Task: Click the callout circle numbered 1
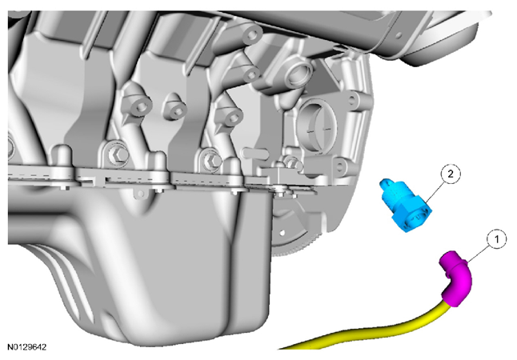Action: coord(497,240)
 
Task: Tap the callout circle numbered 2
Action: coord(451,174)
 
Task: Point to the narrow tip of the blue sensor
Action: coord(384,183)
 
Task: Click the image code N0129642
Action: coord(27,347)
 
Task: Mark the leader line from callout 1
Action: coord(479,251)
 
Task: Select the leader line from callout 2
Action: coord(435,190)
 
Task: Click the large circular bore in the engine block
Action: coord(317,125)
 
